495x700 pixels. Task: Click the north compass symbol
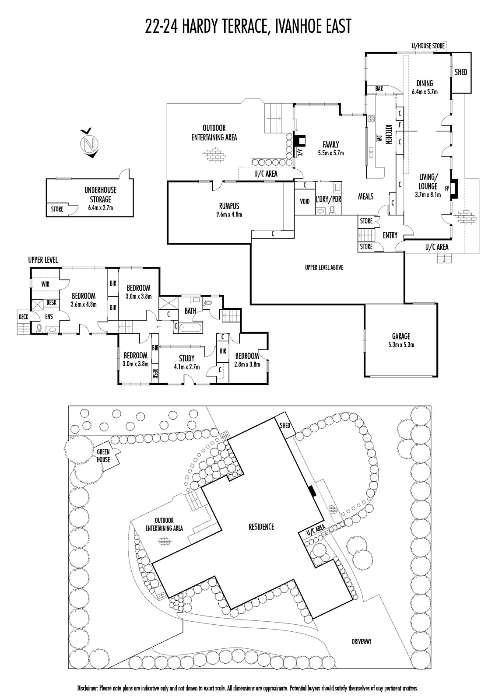tap(90, 143)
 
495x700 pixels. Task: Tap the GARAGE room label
tap(401, 336)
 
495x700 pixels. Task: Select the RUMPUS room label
tap(229, 206)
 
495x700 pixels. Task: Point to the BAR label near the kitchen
tap(379, 89)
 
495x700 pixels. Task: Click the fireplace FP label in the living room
tap(447, 189)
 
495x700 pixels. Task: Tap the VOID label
tap(305, 201)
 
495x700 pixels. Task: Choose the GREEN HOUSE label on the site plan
tap(103, 455)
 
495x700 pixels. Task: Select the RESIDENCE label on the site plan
tap(261, 527)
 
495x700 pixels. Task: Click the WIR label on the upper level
tap(46, 284)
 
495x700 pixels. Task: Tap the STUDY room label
tap(187, 358)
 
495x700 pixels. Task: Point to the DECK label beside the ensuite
tap(24, 317)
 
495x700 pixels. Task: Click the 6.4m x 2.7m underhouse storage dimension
tap(100, 207)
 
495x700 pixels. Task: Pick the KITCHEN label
tap(388, 135)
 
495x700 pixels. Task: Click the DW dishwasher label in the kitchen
tap(379, 138)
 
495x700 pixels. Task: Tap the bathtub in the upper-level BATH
tap(190, 328)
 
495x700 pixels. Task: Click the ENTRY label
tap(390, 235)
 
